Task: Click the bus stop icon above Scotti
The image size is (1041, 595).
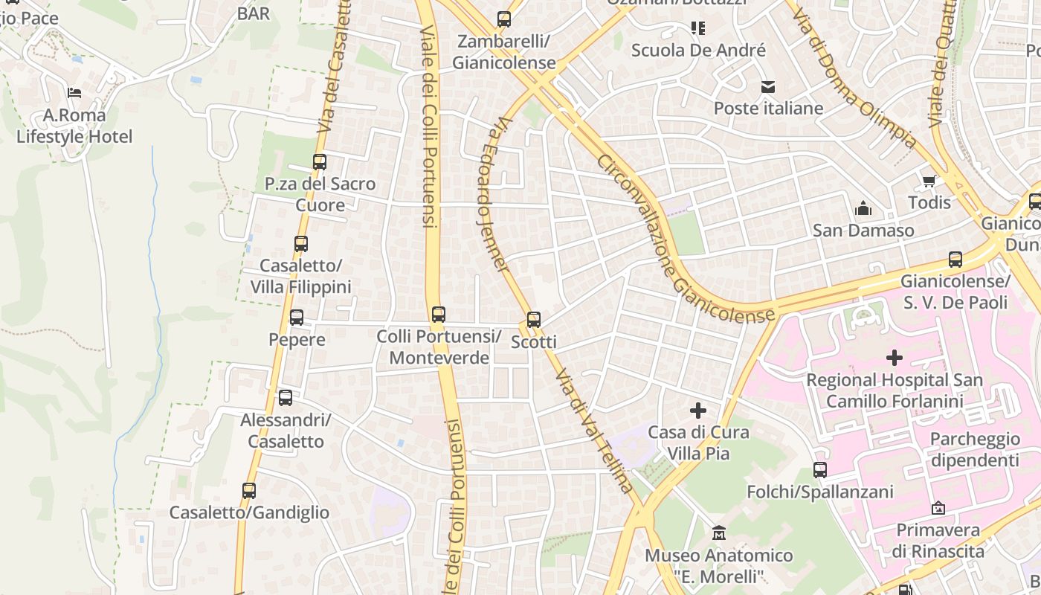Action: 533,321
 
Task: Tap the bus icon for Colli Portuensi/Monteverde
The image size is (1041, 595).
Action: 438,315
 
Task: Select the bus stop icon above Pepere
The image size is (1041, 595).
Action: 297,318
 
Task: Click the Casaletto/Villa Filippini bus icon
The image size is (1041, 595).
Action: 300,244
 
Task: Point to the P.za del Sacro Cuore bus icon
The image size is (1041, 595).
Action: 320,162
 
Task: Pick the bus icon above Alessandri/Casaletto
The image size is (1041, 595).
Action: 286,398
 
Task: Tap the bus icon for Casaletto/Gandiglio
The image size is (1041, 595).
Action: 249,491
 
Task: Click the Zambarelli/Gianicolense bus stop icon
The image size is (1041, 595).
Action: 504,19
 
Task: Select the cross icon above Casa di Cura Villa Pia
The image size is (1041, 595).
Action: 698,411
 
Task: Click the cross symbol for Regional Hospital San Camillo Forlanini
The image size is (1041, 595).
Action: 895,358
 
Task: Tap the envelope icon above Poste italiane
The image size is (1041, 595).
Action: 768,87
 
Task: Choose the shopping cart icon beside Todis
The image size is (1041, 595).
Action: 929,181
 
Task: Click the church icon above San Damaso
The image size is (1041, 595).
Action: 863,208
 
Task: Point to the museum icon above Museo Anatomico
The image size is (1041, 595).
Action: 719,533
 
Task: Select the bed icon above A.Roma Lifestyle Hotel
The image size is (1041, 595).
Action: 74,93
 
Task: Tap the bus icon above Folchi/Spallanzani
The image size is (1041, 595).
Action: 820,470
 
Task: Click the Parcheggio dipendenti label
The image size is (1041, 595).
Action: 975,449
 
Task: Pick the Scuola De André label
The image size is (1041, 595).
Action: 698,51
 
